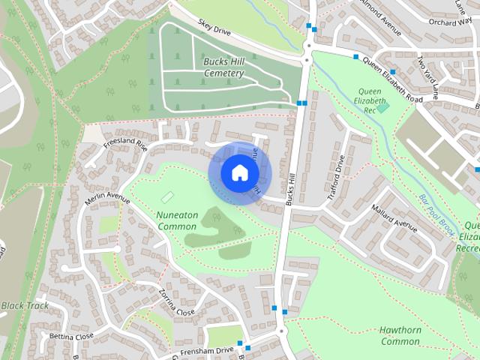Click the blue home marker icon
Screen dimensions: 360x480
[239, 172]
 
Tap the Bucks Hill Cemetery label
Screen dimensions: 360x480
[214, 67]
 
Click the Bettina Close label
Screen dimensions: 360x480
[72, 336]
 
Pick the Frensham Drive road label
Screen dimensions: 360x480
[207, 352]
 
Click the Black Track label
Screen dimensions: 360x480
[25, 306]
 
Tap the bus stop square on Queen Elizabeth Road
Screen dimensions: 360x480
[355, 56]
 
